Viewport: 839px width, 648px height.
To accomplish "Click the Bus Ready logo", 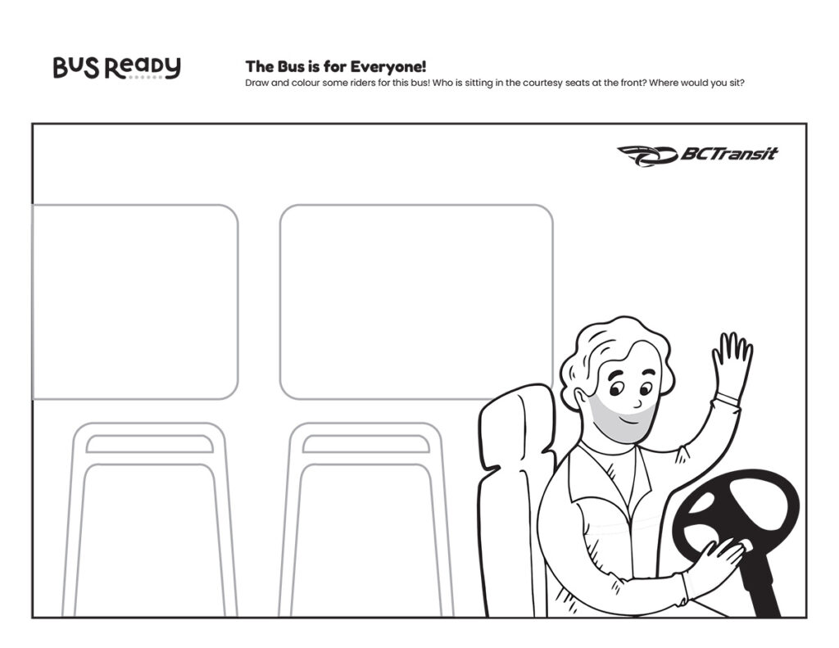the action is click(x=116, y=68).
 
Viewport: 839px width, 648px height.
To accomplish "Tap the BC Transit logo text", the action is click(x=728, y=154).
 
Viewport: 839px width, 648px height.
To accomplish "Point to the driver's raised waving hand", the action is click(x=732, y=365).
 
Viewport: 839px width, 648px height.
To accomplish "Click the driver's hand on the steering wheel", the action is click(x=716, y=562).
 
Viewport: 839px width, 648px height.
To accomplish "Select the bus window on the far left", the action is click(x=135, y=301).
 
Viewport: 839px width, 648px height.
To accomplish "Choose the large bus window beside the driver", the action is click(x=416, y=301).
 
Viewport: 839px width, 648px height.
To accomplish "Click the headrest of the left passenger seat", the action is click(x=150, y=443).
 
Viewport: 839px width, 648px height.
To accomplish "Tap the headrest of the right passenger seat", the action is click(x=366, y=443).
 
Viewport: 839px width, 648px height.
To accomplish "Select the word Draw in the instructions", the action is click(x=256, y=83).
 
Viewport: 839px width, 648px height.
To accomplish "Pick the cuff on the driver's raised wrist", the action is click(x=728, y=398).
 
